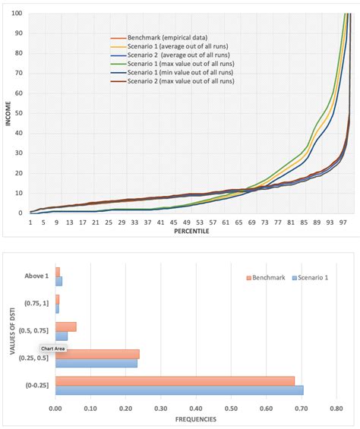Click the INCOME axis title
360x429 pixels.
pos(8,114)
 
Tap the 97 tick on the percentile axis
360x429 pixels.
pos(343,222)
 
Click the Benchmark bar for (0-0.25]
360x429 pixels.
pos(175,380)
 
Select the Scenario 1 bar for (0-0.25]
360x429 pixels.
pos(179,390)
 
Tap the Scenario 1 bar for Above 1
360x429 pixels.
pos(58,281)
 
